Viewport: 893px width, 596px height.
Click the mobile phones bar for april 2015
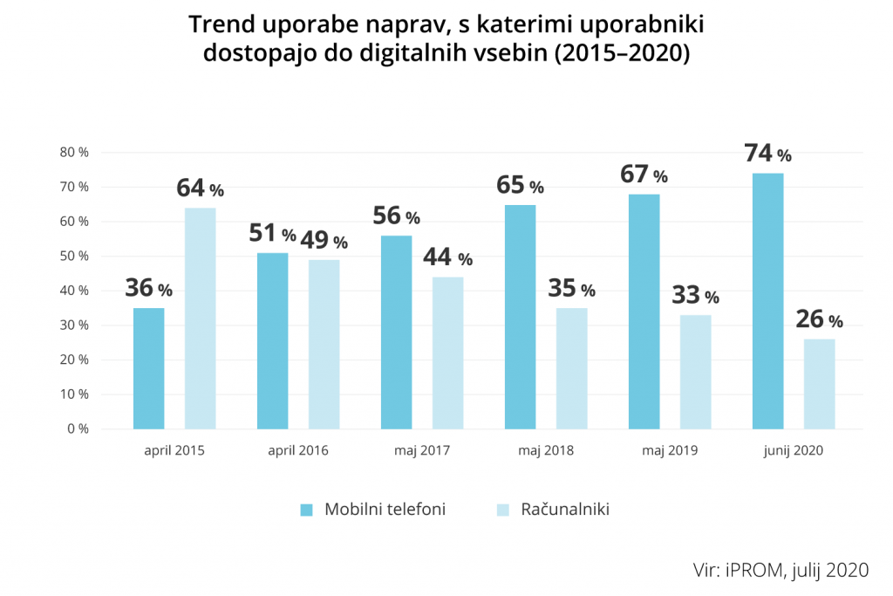(x=148, y=368)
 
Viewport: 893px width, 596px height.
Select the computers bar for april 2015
(x=200, y=319)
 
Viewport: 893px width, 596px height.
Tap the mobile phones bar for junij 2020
(x=767, y=301)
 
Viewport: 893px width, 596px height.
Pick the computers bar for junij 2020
(x=819, y=384)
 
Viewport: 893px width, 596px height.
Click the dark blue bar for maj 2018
(x=520, y=317)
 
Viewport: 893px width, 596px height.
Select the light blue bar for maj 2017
(x=447, y=353)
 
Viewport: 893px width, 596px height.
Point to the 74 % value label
(x=767, y=154)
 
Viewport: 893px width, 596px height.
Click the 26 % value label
(x=819, y=320)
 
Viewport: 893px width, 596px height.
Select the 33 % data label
(x=695, y=296)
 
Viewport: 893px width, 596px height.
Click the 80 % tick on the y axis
(x=74, y=153)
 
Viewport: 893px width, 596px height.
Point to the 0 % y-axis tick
(x=78, y=429)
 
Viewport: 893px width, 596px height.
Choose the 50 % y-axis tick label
(x=74, y=257)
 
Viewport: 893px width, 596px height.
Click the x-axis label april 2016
(x=299, y=451)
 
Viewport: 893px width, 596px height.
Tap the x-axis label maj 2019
(x=670, y=451)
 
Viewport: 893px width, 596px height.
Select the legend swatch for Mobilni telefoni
(x=306, y=510)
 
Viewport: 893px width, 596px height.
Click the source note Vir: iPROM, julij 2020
(x=781, y=570)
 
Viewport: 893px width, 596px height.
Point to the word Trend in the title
(x=219, y=25)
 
